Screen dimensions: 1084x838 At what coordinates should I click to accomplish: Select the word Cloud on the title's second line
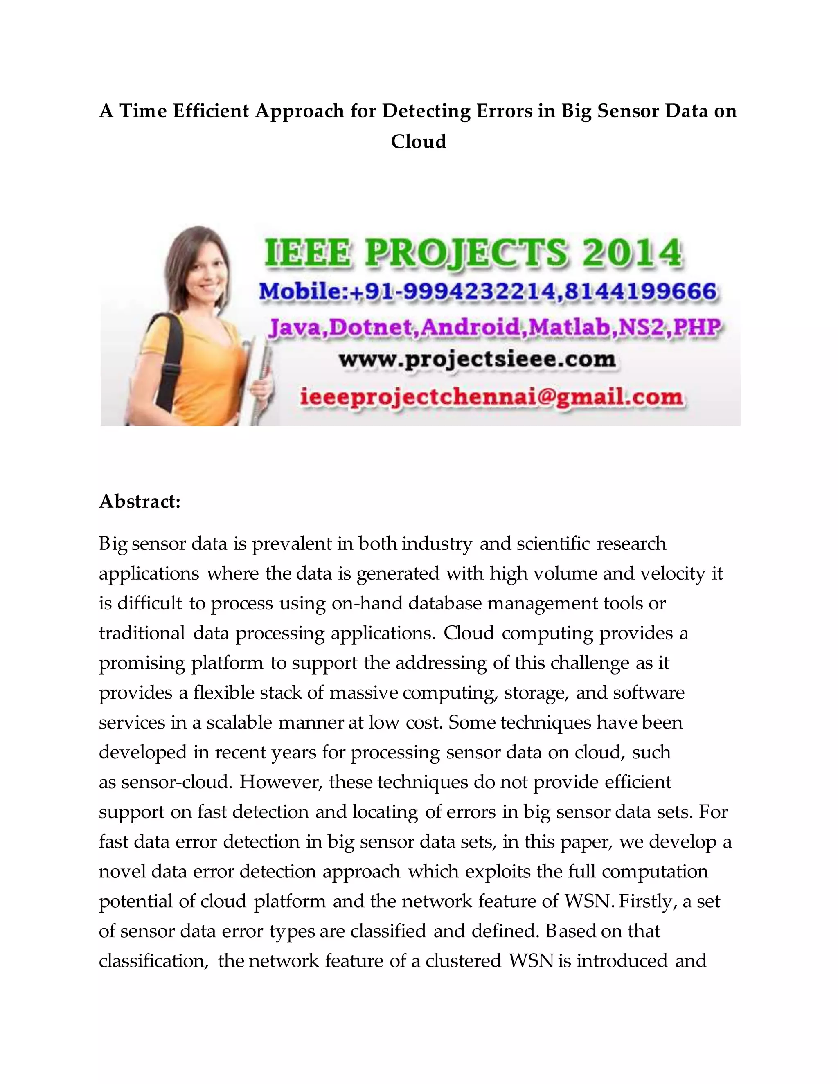419,142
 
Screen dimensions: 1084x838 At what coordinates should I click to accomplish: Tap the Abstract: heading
140,502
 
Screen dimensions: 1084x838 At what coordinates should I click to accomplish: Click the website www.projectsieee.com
477,359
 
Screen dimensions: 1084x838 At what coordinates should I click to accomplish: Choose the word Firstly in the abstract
647,901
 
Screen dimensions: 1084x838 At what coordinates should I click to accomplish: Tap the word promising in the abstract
142,663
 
